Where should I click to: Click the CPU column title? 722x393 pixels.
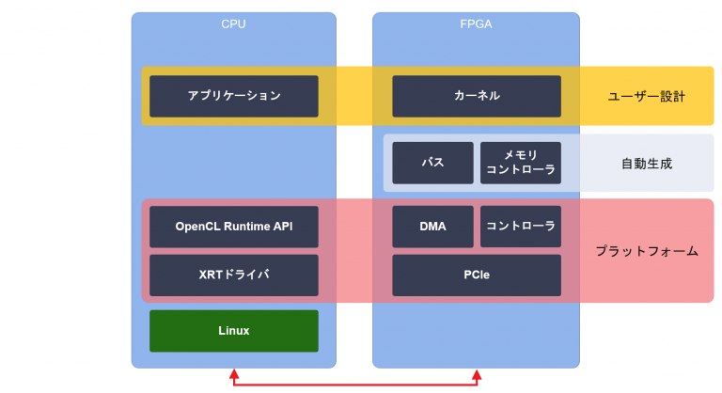(x=233, y=24)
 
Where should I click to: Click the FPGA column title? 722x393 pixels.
(x=476, y=24)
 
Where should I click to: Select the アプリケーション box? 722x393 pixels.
(x=234, y=96)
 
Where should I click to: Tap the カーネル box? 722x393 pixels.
(x=477, y=96)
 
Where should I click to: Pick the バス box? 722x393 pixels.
(x=432, y=163)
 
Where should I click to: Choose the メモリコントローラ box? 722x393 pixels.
(x=521, y=163)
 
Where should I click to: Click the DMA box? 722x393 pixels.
(x=432, y=227)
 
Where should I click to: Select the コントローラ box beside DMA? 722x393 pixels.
(x=521, y=227)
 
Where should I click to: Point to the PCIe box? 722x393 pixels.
(x=477, y=275)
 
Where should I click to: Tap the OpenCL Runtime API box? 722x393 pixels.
(x=234, y=227)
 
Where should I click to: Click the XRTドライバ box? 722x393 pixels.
(x=234, y=275)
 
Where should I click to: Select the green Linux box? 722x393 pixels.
(x=234, y=330)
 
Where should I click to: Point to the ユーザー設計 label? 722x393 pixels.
(x=647, y=96)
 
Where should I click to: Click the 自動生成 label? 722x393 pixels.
(x=647, y=163)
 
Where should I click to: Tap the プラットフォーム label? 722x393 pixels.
(x=647, y=251)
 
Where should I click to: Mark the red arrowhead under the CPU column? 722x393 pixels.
(x=234, y=374)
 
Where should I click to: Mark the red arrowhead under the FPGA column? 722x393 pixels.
(x=477, y=374)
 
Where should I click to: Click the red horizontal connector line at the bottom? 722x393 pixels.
(x=355, y=384)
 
